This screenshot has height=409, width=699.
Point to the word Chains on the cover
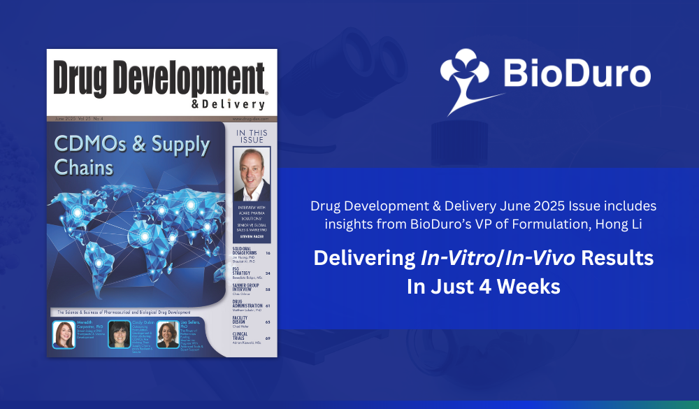point(84,167)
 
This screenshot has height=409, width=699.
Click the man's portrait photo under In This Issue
point(252,175)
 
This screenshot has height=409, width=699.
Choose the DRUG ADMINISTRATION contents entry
point(248,305)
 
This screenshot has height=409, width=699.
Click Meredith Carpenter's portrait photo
point(64,334)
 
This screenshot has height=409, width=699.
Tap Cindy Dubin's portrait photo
point(119,334)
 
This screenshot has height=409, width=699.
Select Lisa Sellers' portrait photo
point(168,334)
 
